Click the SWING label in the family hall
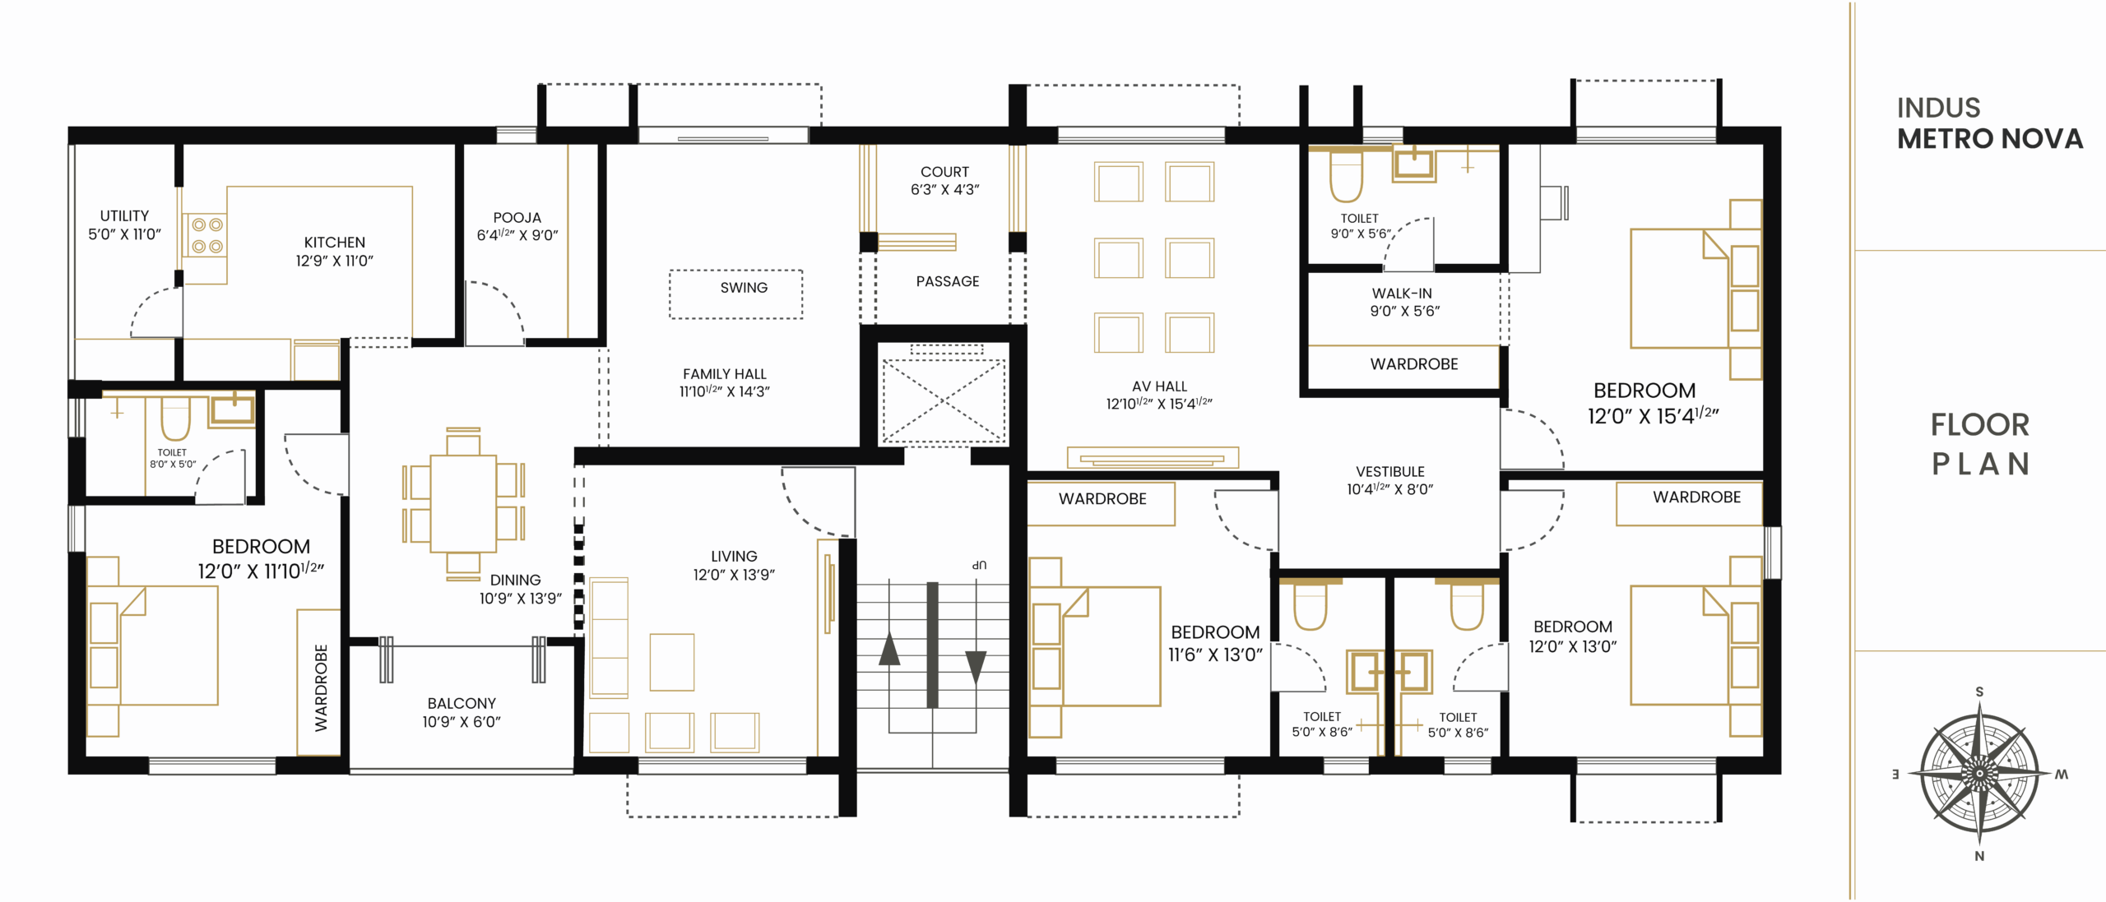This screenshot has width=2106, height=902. point(744,288)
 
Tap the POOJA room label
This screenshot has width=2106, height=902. point(517,218)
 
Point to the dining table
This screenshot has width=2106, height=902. point(463,503)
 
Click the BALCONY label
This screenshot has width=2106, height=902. point(462,704)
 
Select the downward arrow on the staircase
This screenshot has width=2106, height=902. point(976,667)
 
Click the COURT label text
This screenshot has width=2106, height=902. point(944,172)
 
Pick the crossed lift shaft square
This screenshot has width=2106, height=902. point(944,401)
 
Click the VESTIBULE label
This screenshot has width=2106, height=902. point(1390,472)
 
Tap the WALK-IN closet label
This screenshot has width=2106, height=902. point(1402,294)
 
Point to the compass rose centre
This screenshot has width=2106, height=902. point(1979,774)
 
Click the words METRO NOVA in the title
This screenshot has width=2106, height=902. point(1990,139)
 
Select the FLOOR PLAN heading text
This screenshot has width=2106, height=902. point(1980,444)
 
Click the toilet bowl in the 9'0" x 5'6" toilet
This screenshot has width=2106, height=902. point(1347,178)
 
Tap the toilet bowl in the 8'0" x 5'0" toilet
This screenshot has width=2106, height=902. point(175,419)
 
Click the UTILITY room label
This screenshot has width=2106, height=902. point(124,216)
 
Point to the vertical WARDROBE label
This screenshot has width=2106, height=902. point(321,687)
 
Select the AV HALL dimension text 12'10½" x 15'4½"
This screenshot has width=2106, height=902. point(1159,404)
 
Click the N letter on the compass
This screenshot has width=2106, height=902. point(1979,856)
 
